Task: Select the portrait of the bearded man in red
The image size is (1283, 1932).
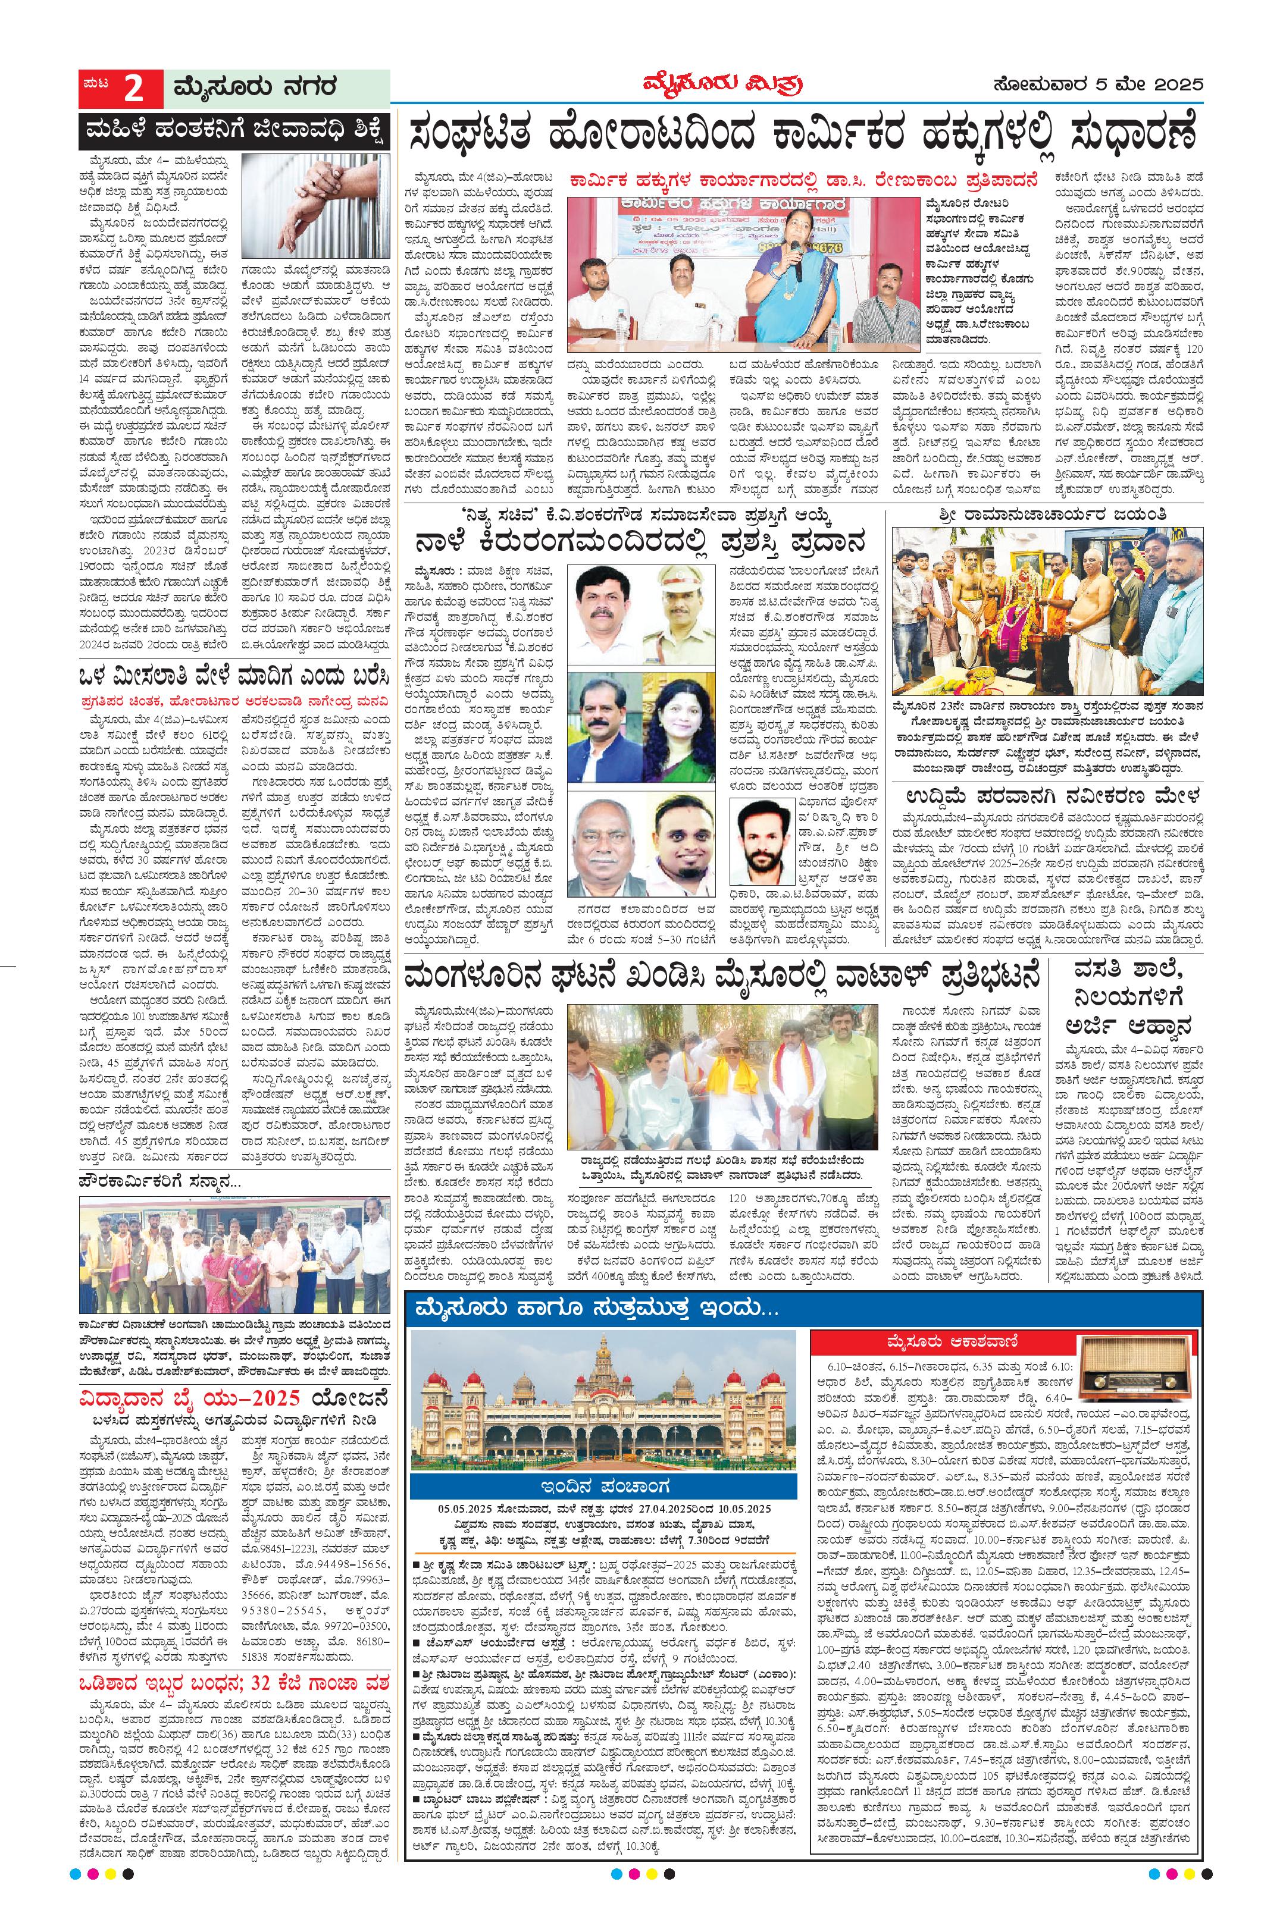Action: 766,843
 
